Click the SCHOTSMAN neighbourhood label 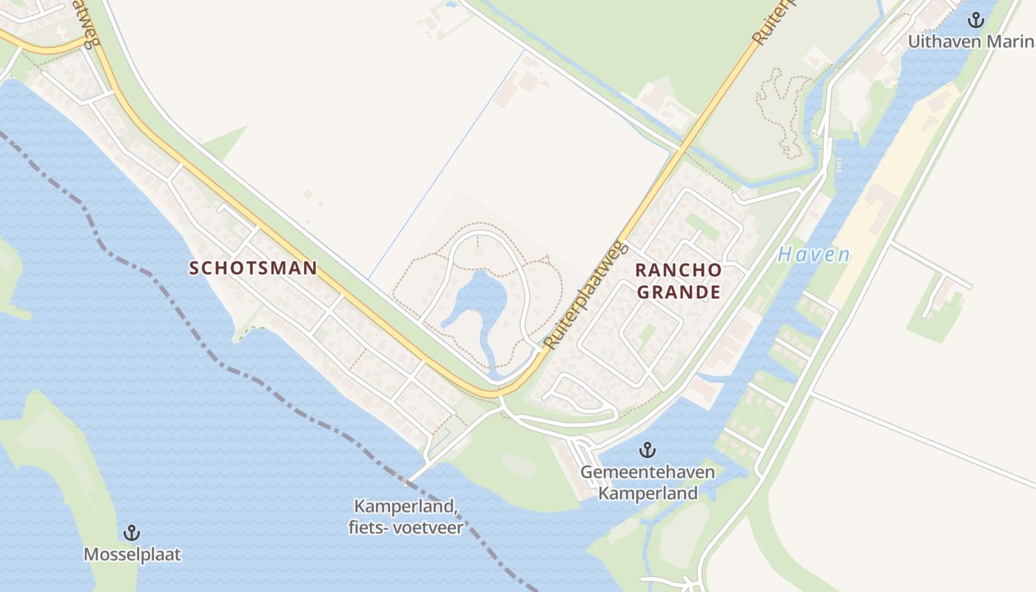[x=253, y=268]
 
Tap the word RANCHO [x=678, y=270]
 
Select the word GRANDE [x=679, y=292]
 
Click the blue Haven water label [x=814, y=255]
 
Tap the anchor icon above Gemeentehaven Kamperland [x=647, y=450]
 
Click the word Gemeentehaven [x=647, y=472]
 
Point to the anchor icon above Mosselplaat [x=132, y=533]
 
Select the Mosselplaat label [x=132, y=554]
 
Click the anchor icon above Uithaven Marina [x=977, y=20]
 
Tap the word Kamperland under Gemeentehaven [x=647, y=493]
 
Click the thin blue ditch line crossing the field [x=444, y=163]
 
